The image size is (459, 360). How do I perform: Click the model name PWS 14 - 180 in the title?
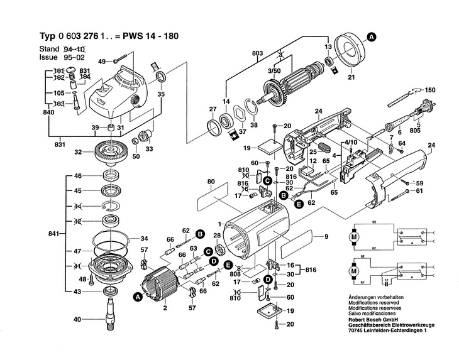[x=153, y=36]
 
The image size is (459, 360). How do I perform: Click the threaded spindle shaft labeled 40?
[x=111, y=314]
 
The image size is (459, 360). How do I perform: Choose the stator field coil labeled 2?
[x=165, y=286]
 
